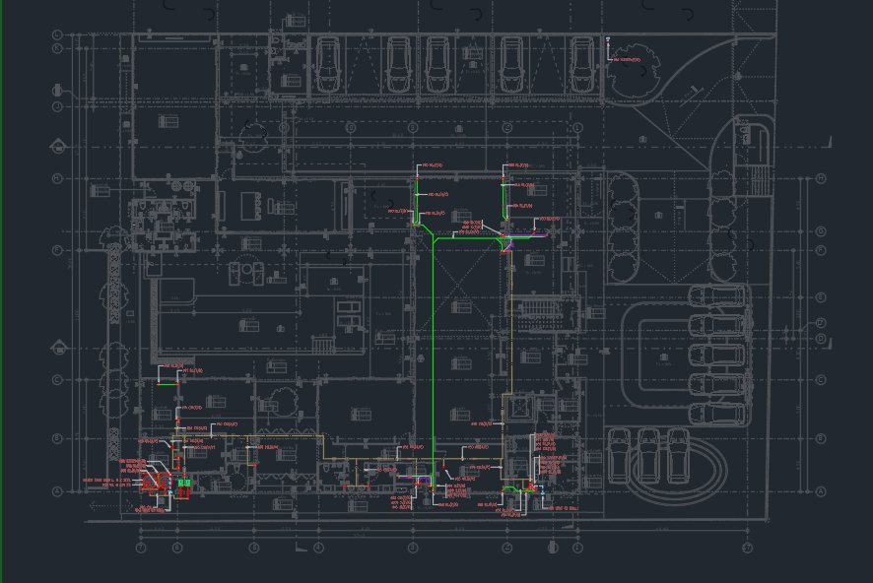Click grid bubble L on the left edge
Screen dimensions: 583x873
(x=57, y=35)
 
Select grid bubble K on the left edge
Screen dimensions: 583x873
(x=57, y=48)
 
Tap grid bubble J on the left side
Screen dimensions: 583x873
(x=57, y=106)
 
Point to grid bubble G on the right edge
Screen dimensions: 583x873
(x=821, y=231)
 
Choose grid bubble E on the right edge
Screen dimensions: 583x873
(x=821, y=297)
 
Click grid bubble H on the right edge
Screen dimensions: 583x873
(x=821, y=179)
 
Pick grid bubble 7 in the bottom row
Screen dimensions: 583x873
(x=748, y=548)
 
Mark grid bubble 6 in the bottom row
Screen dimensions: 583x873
(x=577, y=548)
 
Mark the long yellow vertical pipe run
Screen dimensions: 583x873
(x=510, y=345)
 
